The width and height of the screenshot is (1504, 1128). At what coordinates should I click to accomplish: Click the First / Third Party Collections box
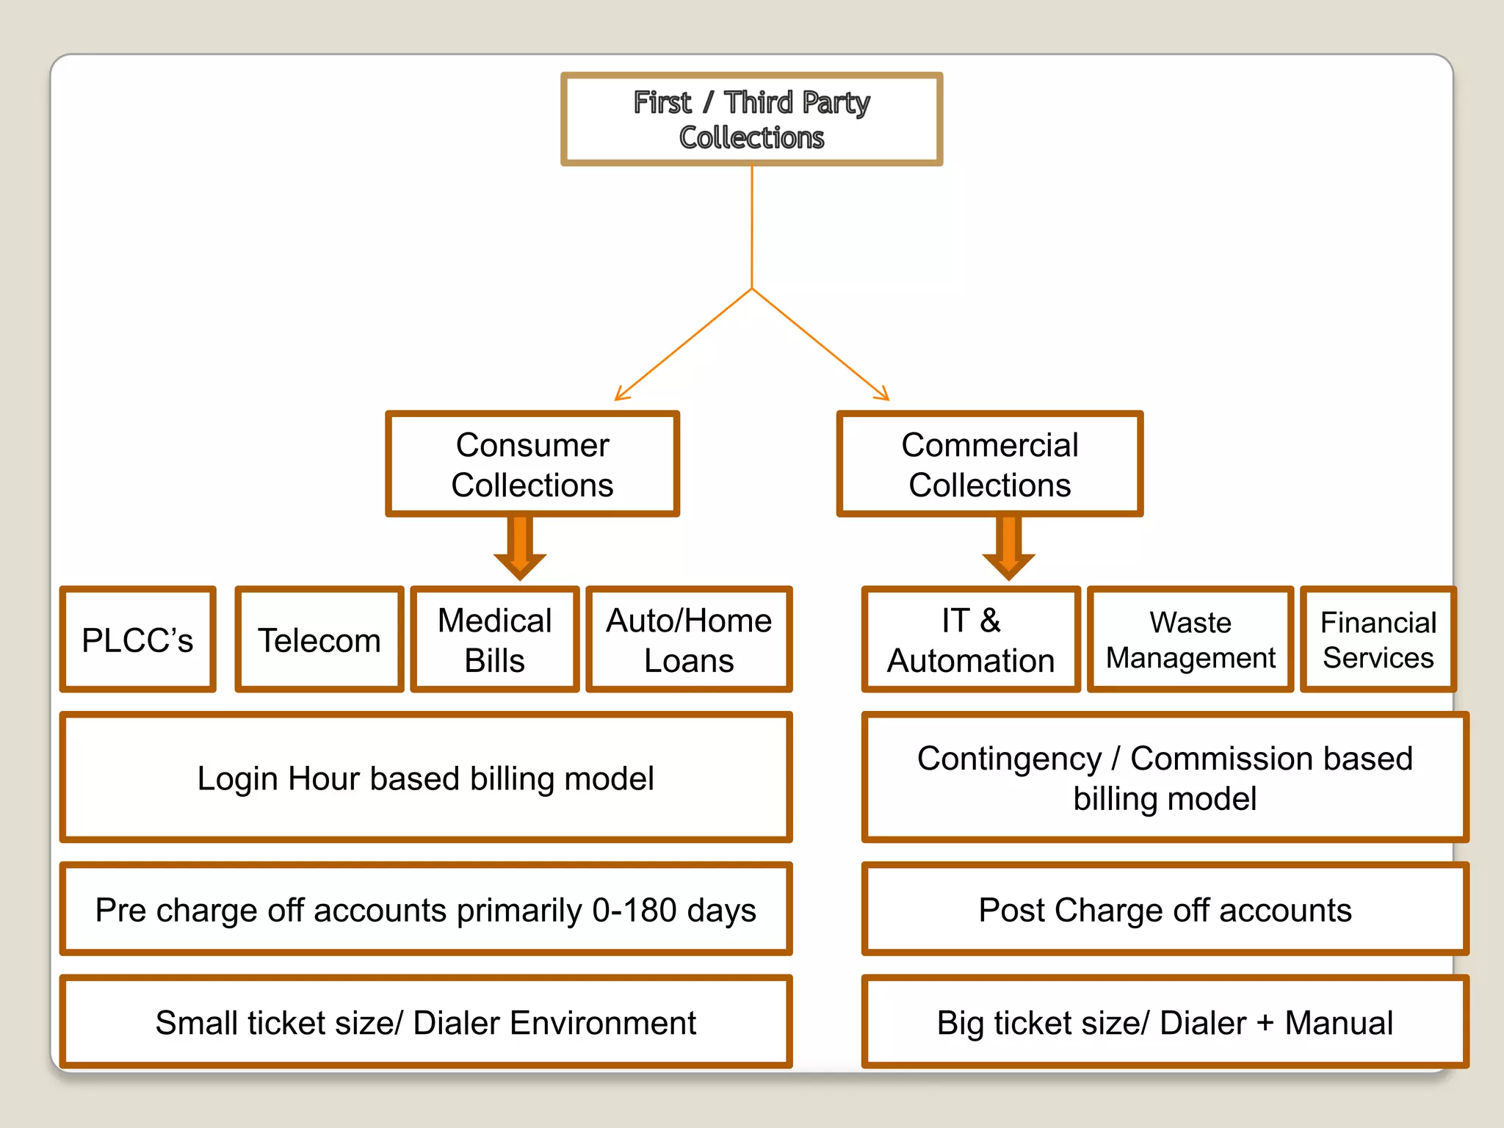[751, 119]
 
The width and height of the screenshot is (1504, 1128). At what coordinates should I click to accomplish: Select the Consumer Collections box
[532, 464]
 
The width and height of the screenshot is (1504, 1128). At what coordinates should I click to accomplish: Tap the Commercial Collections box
[989, 464]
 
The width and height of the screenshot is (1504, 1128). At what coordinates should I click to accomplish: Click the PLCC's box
[138, 640]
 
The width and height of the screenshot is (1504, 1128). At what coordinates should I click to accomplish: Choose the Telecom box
[319, 640]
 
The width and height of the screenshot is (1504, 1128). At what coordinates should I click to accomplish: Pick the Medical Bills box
[495, 640]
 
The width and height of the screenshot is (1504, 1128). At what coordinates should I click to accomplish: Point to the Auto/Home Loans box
[689, 640]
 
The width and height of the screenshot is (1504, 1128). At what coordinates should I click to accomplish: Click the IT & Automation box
[971, 640]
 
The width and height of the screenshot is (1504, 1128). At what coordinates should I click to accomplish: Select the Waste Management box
[1190, 640]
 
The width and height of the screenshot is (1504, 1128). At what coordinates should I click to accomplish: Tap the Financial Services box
[1378, 640]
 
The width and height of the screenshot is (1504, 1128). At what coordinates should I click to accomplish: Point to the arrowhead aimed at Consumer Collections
[620, 397]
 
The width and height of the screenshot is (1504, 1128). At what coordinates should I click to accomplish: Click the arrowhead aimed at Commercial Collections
[884, 397]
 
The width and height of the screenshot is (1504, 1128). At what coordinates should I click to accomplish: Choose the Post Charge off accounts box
[1165, 910]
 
